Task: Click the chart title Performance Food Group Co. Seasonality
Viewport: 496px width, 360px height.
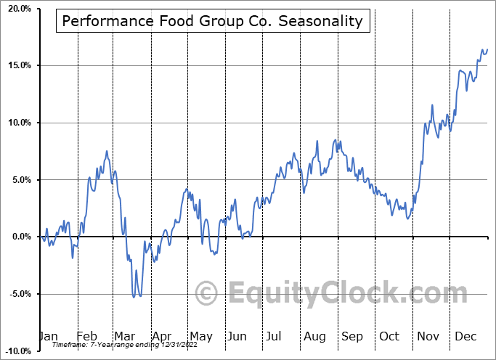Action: pyautogui.click(x=212, y=21)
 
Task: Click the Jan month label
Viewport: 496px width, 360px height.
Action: pyautogui.click(x=48, y=336)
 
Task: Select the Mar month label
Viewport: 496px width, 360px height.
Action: pyautogui.click(x=125, y=336)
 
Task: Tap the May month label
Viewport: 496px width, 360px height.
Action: pyautogui.click(x=201, y=336)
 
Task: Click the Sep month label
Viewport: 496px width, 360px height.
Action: pyautogui.click(x=352, y=336)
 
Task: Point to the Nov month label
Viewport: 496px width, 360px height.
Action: pyautogui.click(x=428, y=336)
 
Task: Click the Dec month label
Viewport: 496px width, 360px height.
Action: pyautogui.click(x=466, y=336)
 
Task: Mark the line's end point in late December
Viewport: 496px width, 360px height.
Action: pyautogui.click(x=487, y=49)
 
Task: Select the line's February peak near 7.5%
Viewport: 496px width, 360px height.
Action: pyautogui.click(x=107, y=151)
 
